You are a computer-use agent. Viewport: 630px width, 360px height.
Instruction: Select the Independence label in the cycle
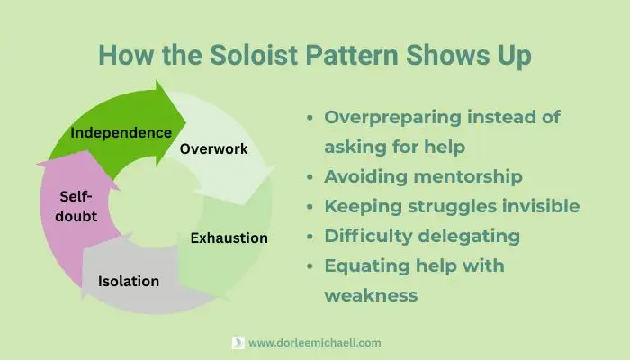[x=121, y=133]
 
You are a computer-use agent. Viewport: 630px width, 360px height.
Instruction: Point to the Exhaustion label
[x=229, y=238]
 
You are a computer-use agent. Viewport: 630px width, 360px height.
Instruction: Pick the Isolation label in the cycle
[x=129, y=282]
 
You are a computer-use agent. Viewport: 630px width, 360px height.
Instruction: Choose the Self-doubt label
[x=79, y=206]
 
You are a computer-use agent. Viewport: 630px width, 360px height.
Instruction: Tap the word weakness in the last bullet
[x=371, y=294]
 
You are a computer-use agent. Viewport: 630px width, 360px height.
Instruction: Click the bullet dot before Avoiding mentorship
[x=311, y=177]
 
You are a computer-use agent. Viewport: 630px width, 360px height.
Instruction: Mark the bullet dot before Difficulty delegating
[x=311, y=237]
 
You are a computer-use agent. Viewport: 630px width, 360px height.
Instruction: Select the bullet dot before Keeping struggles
[x=311, y=207]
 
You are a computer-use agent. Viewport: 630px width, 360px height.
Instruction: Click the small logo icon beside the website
[x=238, y=343]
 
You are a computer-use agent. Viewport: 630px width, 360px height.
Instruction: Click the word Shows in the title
[x=440, y=54]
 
